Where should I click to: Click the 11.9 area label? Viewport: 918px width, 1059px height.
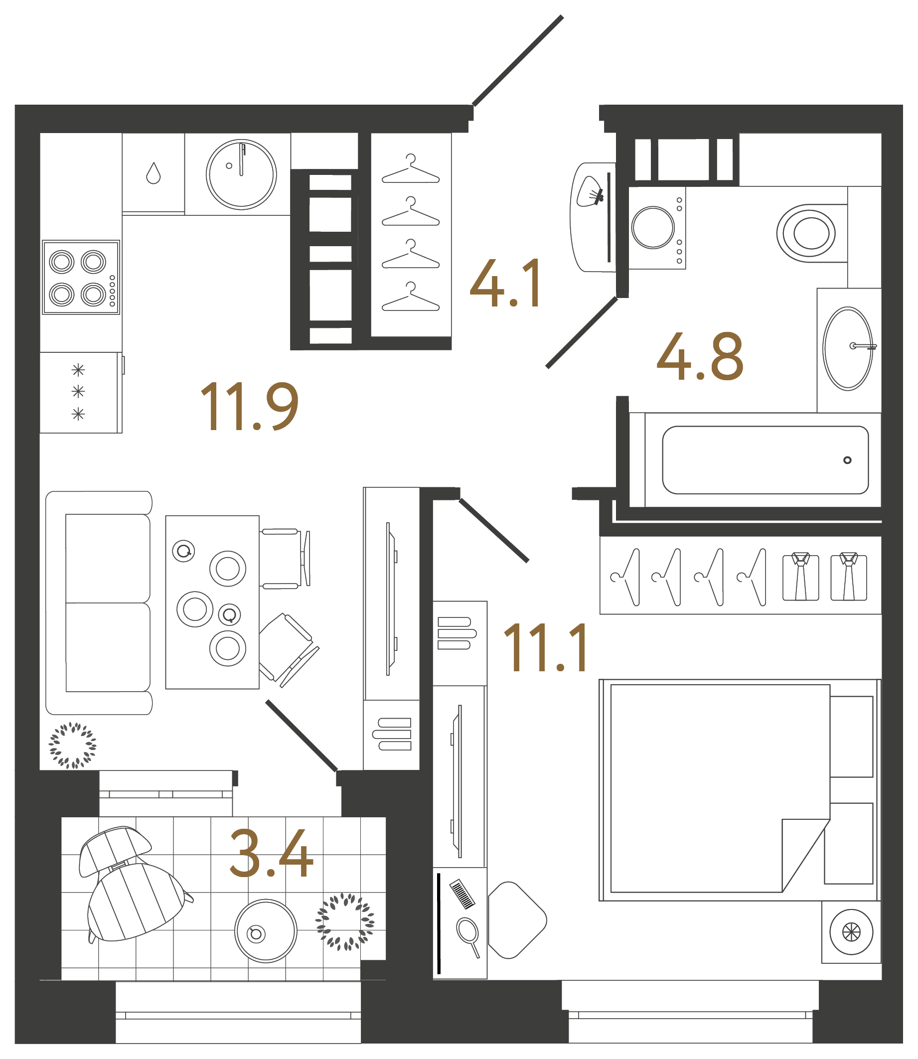point(250,407)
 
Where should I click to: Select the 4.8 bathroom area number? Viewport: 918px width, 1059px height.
point(700,357)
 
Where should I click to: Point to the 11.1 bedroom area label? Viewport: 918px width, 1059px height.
point(546,648)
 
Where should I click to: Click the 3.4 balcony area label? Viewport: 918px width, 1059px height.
point(271,854)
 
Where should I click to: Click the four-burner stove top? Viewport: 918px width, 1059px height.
point(81,277)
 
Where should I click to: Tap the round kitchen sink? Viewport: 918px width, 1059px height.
point(241,174)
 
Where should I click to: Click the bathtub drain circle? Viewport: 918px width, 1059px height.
point(847,460)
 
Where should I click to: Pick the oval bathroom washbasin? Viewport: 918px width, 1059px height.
point(848,348)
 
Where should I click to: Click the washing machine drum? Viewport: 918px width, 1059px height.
point(653,227)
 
